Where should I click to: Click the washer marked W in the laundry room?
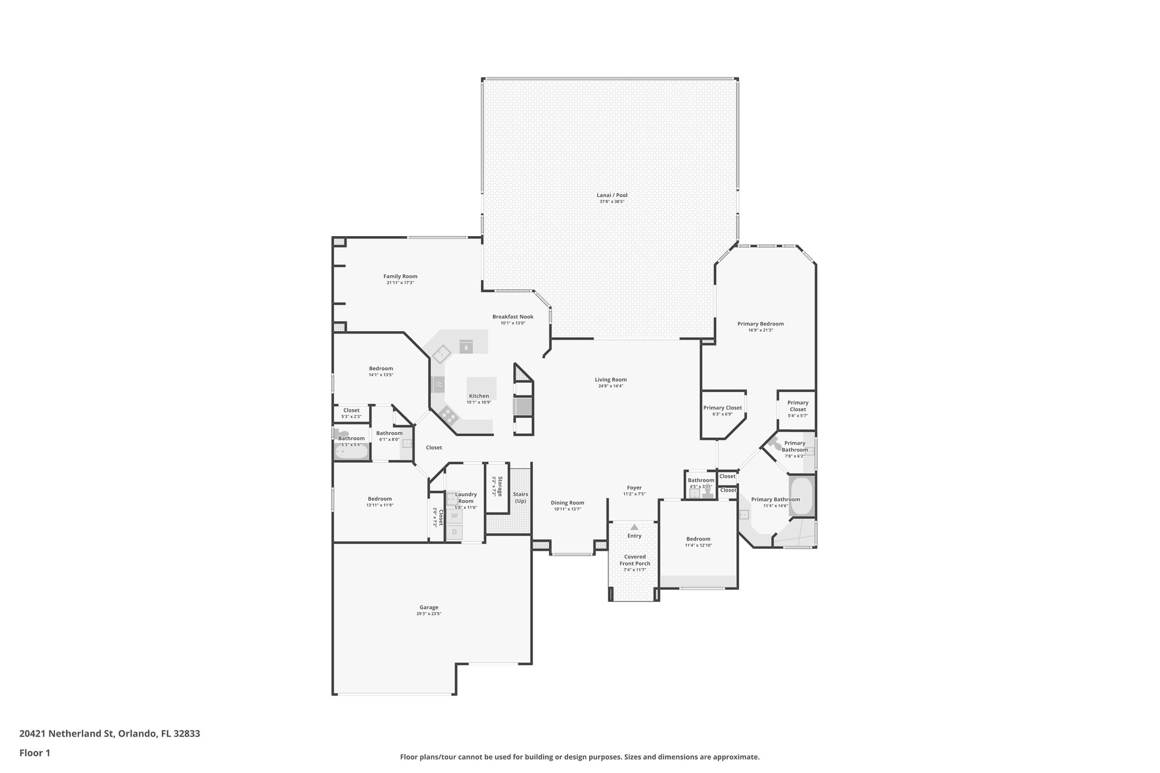(454, 516)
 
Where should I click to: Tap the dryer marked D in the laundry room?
(454, 532)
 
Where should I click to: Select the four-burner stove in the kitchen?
(449, 416)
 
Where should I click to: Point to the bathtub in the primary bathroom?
(801, 496)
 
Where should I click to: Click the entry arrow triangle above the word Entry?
(634, 527)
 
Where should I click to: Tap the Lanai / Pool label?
(612, 195)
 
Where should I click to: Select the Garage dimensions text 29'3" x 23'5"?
(429, 614)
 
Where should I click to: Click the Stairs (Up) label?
(520, 498)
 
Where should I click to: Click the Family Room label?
(400, 276)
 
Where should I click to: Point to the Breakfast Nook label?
(513, 317)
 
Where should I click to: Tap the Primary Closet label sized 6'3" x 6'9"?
(722, 408)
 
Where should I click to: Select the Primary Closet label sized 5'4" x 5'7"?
(797, 406)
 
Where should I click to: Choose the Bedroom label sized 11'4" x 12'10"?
(698, 539)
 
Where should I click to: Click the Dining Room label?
(567, 503)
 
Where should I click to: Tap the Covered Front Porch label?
(634, 560)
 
